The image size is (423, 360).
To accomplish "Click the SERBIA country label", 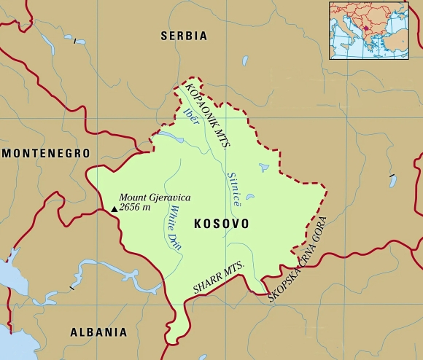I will pos(183,35).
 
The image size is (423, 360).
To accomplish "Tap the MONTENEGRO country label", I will pos(45,153).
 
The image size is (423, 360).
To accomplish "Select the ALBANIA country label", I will pos(98,332).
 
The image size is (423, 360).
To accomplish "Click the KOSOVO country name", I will pos(221,224).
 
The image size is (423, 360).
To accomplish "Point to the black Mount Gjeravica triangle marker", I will pos(114,209).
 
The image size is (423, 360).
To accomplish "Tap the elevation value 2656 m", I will pos(135,208).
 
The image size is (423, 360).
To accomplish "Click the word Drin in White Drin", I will pos(176,240).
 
